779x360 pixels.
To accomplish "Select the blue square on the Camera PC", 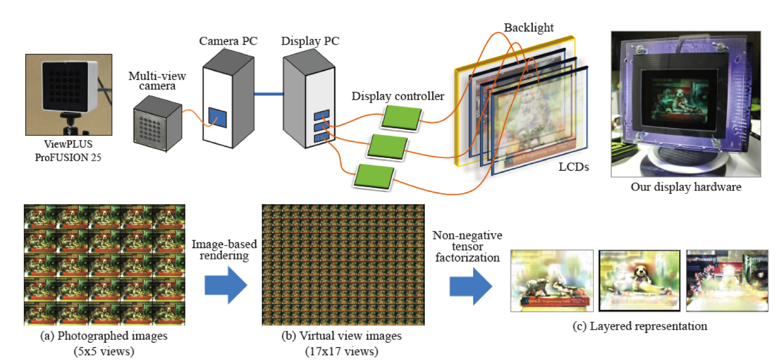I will pos(217,117).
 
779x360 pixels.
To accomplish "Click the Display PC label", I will pos(311,41).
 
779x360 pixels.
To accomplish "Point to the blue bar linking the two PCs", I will pos(268,94).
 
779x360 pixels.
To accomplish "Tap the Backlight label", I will pos(528,28).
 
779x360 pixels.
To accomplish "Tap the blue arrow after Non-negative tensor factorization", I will pos(470,283).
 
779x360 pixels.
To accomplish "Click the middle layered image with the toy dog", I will pos(640,281).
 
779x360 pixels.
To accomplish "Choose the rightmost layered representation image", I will pos(727,281).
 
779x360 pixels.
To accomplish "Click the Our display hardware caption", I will pos(686,187).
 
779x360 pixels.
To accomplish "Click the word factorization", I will pos(467,258).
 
